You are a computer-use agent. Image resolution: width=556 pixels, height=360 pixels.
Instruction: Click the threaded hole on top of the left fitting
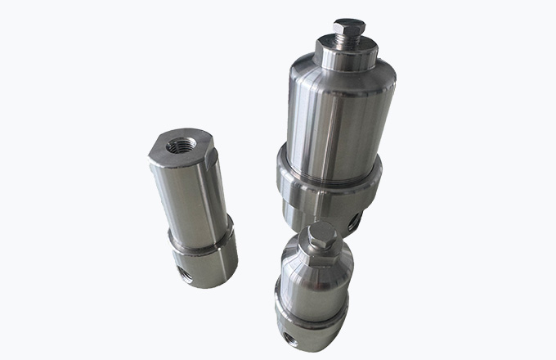click(177, 146)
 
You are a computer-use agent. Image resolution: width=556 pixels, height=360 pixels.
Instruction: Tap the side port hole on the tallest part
click(354, 220)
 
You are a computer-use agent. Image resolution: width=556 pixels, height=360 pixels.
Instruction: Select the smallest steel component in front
click(314, 286)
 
